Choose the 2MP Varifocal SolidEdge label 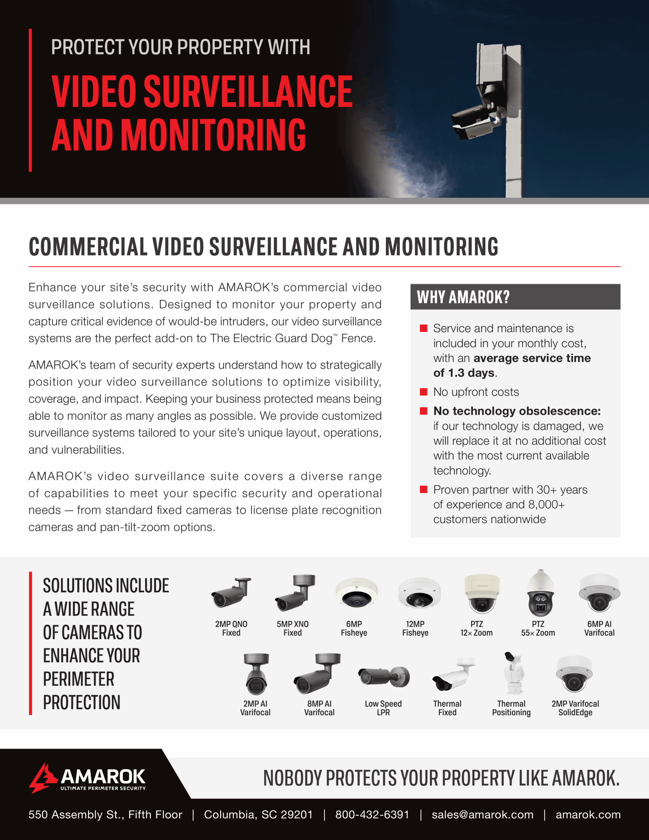575,708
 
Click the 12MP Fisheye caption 415,628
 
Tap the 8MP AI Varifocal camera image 317,674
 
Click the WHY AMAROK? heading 463,297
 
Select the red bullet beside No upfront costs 424,392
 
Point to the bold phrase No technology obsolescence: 517,411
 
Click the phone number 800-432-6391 372,815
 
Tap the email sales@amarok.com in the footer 482,815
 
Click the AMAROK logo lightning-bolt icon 42,778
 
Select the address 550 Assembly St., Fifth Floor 105,815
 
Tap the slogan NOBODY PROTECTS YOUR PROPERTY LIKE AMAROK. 441,778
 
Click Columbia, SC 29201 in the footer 258,815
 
